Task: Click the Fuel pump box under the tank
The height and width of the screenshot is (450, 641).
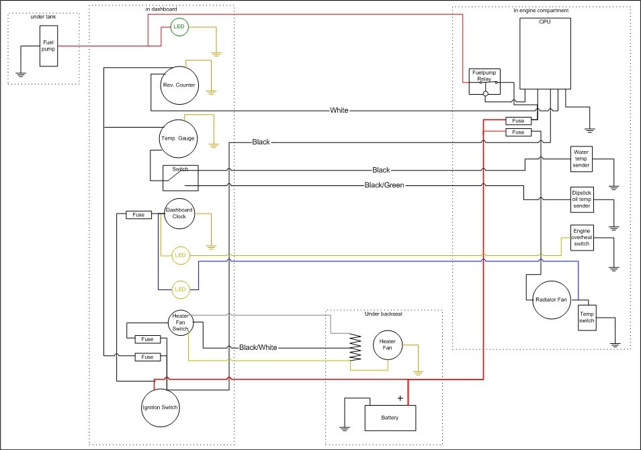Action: pyautogui.click(x=48, y=46)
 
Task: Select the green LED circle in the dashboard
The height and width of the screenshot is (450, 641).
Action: pyautogui.click(x=179, y=28)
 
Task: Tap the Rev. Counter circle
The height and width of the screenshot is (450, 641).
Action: pyautogui.click(x=178, y=85)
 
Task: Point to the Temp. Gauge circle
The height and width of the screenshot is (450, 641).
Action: pyautogui.click(x=178, y=138)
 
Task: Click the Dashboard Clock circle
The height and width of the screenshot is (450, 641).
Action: pyautogui.click(x=179, y=214)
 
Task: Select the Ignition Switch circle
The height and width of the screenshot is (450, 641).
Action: pyautogui.click(x=161, y=407)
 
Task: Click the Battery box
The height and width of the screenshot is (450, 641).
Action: pyautogui.click(x=390, y=418)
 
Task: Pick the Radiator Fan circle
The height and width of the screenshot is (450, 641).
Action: pyautogui.click(x=551, y=300)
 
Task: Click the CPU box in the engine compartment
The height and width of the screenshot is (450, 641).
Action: pyautogui.click(x=545, y=53)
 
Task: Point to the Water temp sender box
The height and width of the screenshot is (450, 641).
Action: pyautogui.click(x=581, y=159)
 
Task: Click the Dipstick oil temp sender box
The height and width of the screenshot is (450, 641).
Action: pyautogui.click(x=581, y=198)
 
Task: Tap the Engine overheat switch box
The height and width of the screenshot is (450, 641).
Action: pyautogui.click(x=581, y=238)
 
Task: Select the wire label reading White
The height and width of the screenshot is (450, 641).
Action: pyautogui.click(x=339, y=110)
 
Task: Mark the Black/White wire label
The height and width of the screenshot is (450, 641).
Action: pyautogui.click(x=258, y=347)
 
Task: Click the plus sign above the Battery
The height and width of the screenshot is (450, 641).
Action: pyautogui.click(x=400, y=398)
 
